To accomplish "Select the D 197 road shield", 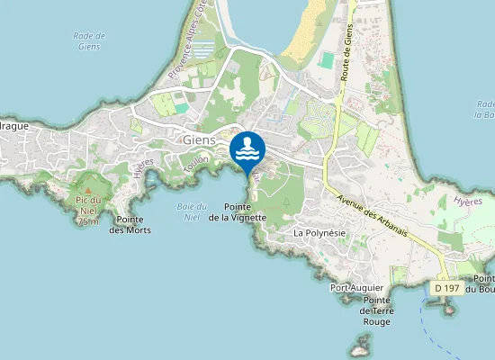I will coord(446,287).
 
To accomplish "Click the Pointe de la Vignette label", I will coord(238,212).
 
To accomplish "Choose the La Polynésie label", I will coord(319,232).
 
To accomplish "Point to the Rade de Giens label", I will coord(87,40).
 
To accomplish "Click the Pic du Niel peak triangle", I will coord(88,199).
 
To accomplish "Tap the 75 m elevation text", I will coord(88,220).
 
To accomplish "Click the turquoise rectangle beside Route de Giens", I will coord(326,60).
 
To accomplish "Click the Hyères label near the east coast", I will coord(468,202).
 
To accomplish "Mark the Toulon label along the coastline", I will coord(194,164).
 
